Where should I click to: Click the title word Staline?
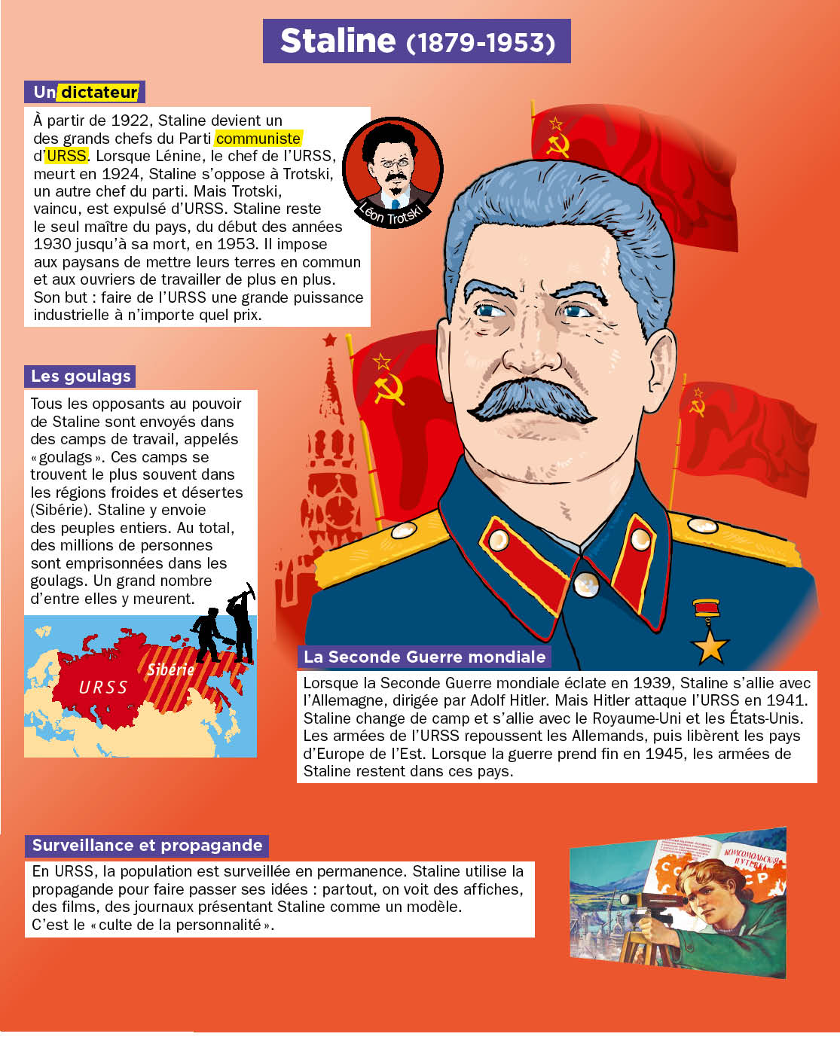pyautogui.click(x=338, y=41)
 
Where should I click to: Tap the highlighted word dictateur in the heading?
pyautogui.click(x=99, y=93)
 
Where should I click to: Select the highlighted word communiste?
pyautogui.click(x=258, y=139)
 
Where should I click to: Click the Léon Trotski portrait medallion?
pyautogui.click(x=393, y=171)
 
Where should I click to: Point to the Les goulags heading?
pyautogui.click(x=81, y=377)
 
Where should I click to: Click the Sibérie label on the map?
pyautogui.click(x=170, y=669)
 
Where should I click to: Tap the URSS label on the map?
pyautogui.click(x=103, y=687)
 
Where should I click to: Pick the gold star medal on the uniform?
pyautogui.click(x=709, y=645)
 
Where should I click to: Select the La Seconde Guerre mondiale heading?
pyautogui.click(x=424, y=657)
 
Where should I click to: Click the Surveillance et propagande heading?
pyautogui.click(x=147, y=845)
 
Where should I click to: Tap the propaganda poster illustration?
pyautogui.click(x=677, y=902)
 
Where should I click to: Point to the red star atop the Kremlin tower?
pyautogui.click(x=329, y=340)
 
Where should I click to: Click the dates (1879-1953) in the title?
pyautogui.click(x=481, y=42)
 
